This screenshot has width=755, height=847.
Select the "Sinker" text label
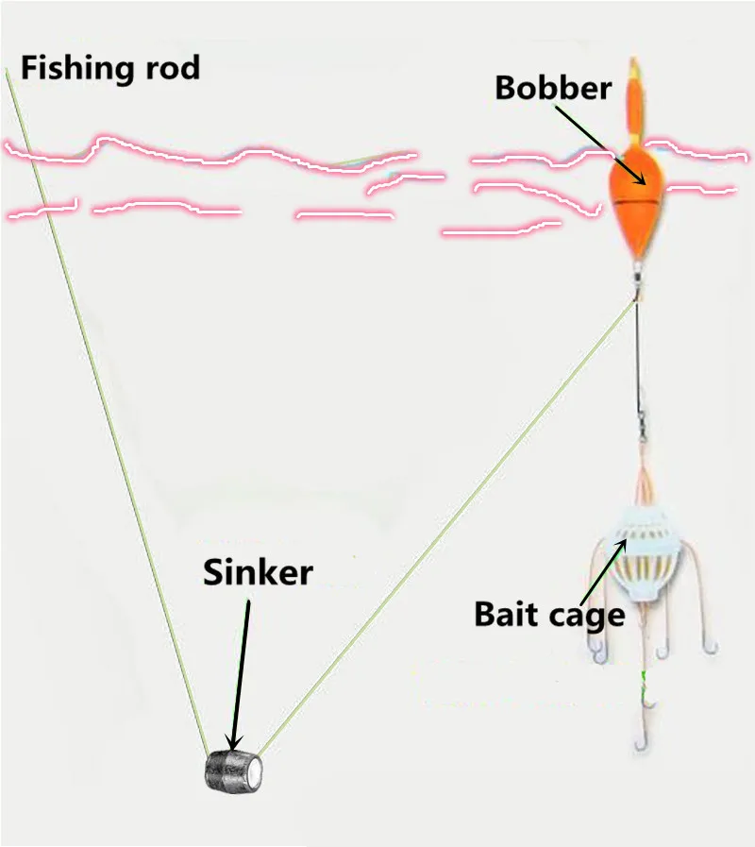click(258, 571)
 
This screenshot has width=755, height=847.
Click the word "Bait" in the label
click(510, 615)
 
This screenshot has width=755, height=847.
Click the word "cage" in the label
click(588, 617)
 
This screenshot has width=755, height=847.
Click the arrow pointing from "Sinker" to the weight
click(242, 670)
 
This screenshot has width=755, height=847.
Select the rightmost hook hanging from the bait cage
click(710, 645)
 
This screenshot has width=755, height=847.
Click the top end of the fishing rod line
click(8, 73)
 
